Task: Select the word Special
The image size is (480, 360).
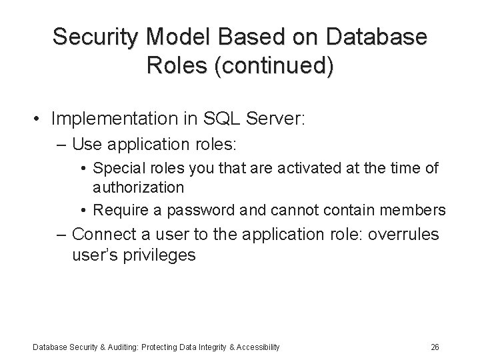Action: point(119,168)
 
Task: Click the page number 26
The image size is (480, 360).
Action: point(435,347)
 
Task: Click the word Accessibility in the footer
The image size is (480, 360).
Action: point(254,347)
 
